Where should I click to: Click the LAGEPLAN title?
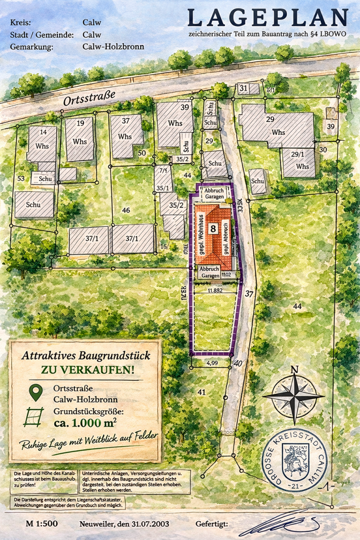tap(268, 18)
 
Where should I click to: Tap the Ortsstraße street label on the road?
tap(89, 100)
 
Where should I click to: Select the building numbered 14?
tap(42, 143)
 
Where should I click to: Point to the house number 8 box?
tap(213, 229)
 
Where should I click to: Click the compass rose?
tap(294, 395)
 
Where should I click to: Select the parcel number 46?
tap(126, 210)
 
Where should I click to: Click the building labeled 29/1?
tap(300, 163)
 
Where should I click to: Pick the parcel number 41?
tap(202, 391)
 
